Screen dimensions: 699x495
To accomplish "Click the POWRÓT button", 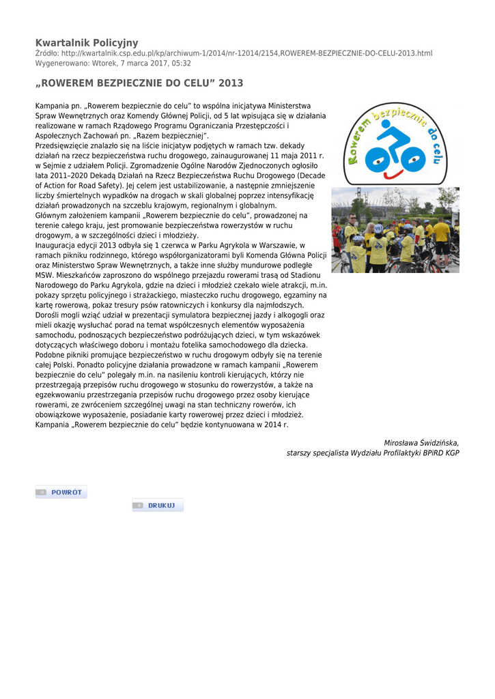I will click(61, 491).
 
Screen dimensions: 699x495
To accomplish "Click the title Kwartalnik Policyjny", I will click(87, 42).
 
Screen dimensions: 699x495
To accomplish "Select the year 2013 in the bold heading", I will click(231, 83).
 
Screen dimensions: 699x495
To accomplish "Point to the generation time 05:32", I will click(181, 63).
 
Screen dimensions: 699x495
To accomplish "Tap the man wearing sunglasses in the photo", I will click(352, 236).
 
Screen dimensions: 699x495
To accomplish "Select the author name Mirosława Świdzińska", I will click(421, 443).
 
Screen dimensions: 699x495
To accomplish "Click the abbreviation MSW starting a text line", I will click(44, 275).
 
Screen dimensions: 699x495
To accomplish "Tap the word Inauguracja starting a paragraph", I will click(56, 245).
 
